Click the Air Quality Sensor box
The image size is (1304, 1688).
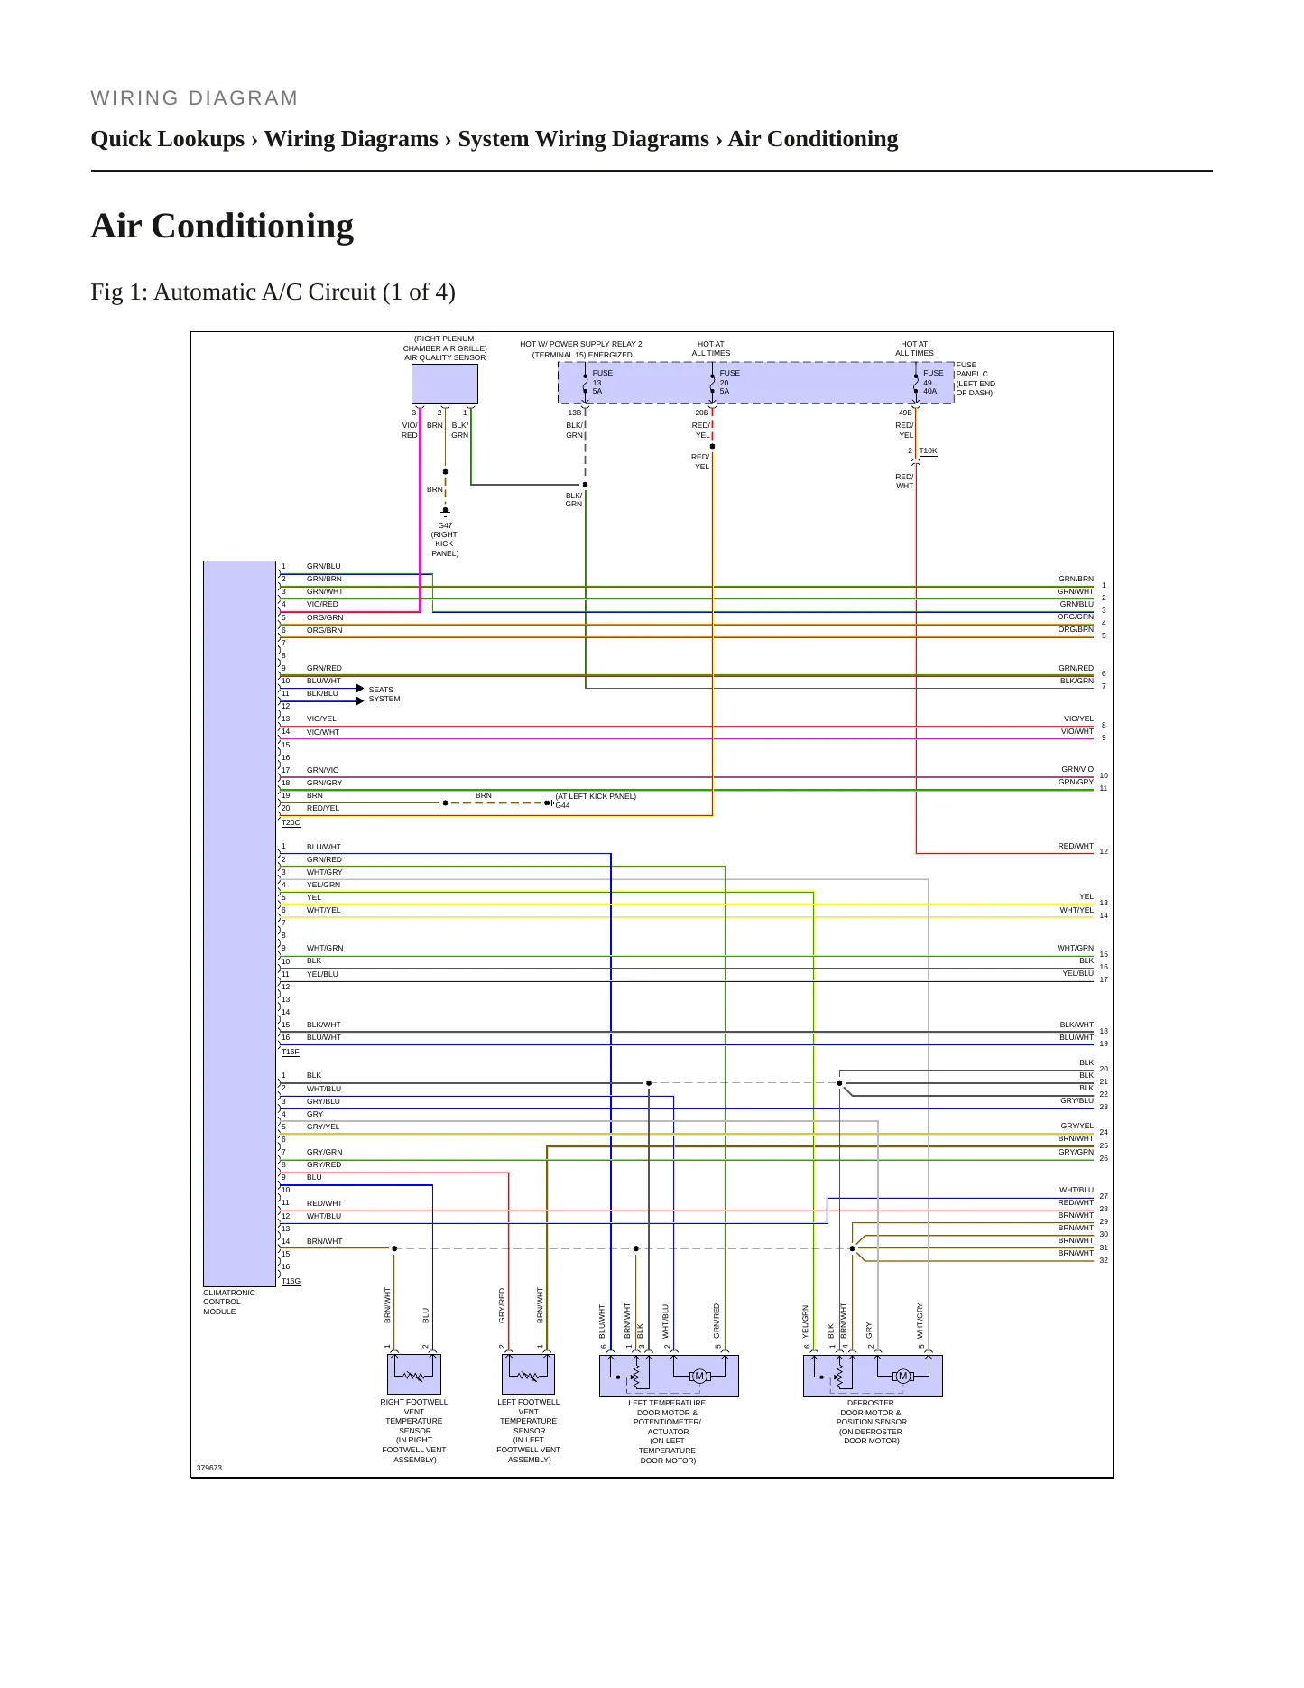click(445, 385)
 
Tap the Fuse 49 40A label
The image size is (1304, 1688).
click(933, 382)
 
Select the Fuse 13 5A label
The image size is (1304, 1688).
click(602, 382)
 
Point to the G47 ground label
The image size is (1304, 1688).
click(445, 539)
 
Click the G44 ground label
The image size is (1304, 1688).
click(562, 805)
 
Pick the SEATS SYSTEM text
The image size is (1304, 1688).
click(384, 694)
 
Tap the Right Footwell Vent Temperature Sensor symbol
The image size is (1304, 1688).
click(414, 1375)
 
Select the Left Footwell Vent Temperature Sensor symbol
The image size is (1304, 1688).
click(528, 1375)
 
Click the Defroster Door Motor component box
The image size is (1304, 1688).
click(873, 1376)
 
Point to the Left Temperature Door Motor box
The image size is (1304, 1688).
click(669, 1376)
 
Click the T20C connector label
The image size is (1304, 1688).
click(291, 823)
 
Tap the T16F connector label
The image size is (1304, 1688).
click(291, 1053)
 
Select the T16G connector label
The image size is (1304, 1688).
click(291, 1282)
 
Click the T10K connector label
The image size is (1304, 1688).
click(928, 450)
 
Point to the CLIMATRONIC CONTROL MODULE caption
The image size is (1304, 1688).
click(229, 1302)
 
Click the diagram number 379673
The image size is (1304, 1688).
click(209, 1468)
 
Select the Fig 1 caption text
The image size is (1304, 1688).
click(273, 292)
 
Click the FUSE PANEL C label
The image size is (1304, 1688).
click(976, 379)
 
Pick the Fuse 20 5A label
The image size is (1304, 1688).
click(729, 382)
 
